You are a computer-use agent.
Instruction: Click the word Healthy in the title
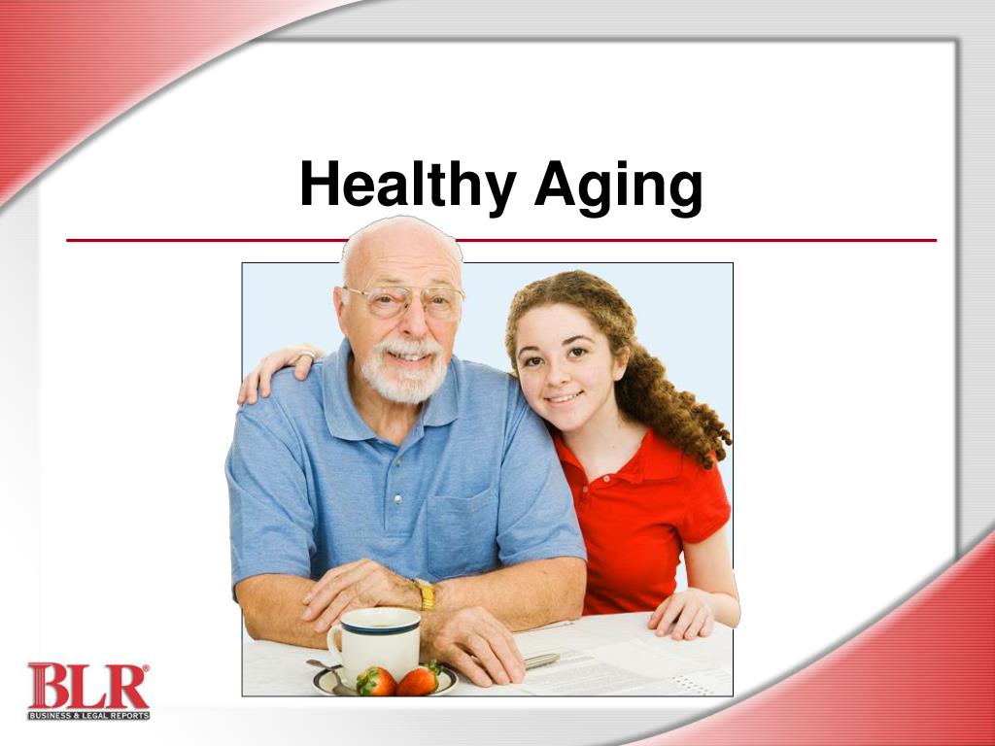click(x=408, y=186)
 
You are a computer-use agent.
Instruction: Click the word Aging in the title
click(x=619, y=186)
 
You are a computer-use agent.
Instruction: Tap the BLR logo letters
click(x=88, y=686)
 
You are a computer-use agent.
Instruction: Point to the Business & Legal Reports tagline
click(x=88, y=716)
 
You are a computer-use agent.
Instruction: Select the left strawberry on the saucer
click(x=376, y=681)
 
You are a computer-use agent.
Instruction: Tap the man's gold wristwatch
click(x=426, y=594)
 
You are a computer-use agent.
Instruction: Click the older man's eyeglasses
click(x=403, y=301)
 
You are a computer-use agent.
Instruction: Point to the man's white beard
click(x=403, y=374)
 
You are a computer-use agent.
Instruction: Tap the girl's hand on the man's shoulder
click(x=277, y=371)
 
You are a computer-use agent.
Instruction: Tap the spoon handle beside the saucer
click(x=322, y=667)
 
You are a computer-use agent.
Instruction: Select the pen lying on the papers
click(x=540, y=661)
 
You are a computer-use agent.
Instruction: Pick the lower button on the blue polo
click(x=397, y=500)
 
